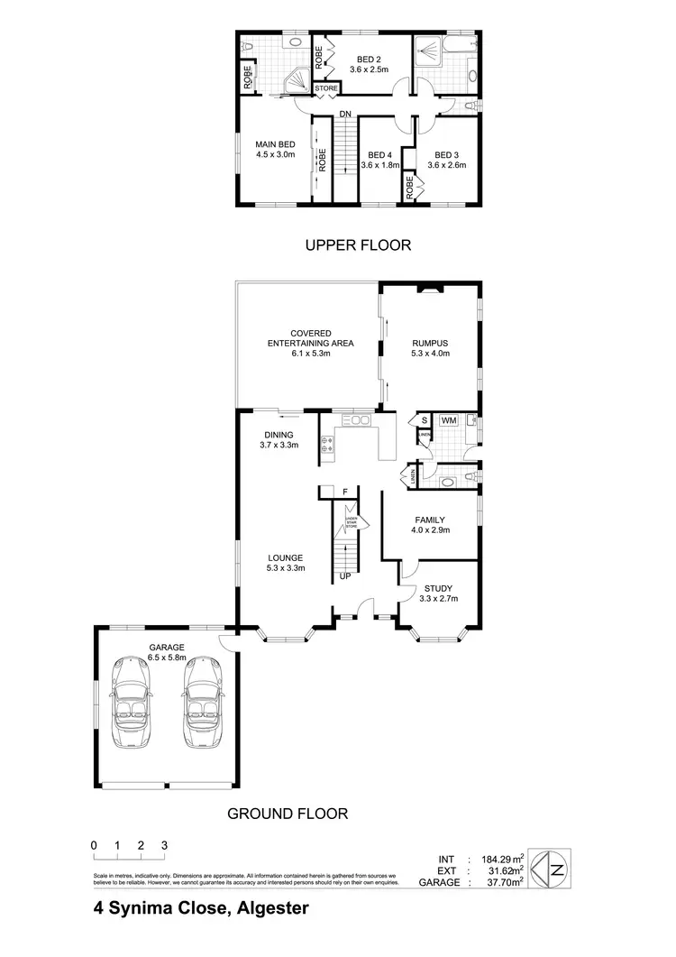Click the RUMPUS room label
pos(430,343)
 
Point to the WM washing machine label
pos(448,420)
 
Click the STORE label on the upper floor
pos(326,88)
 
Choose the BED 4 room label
pos(379,154)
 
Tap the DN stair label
pos(345,114)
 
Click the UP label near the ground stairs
pos(345,575)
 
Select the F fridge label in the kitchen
pos(345,492)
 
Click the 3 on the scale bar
pos(164,845)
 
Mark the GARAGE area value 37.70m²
pos(499,883)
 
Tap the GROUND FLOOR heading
pos(288,813)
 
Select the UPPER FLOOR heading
pos(357,244)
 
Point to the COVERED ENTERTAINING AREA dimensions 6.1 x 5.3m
pos(310,354)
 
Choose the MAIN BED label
pos(275,144)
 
